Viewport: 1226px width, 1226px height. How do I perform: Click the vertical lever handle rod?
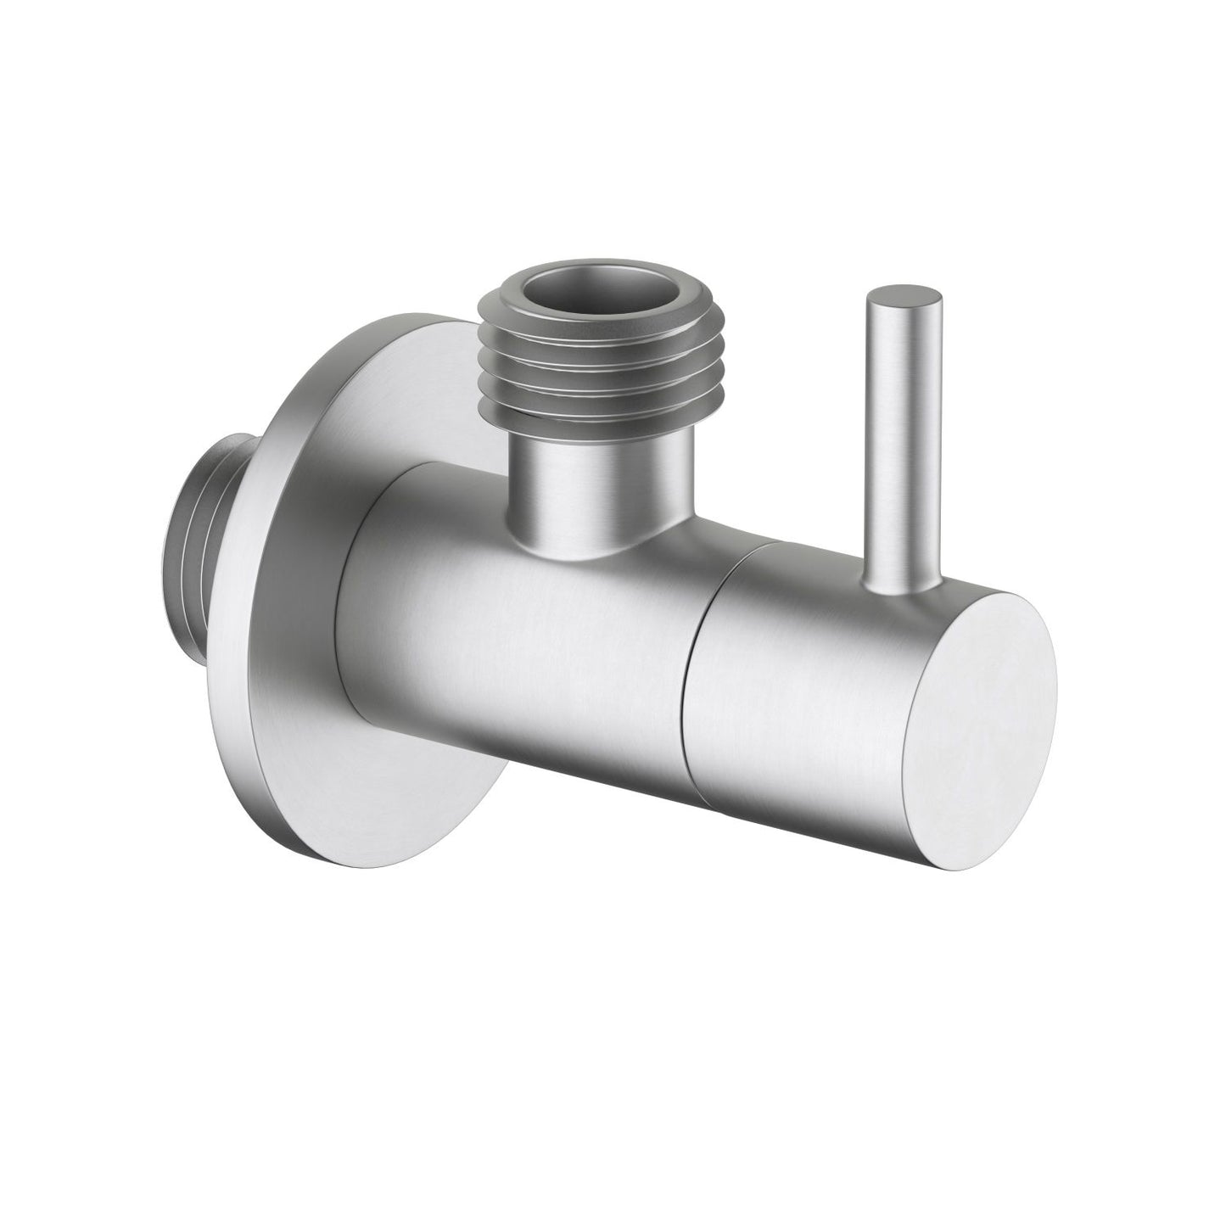click(x=902, y=441)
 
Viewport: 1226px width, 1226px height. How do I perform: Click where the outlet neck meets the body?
click(x=585, y=551)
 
